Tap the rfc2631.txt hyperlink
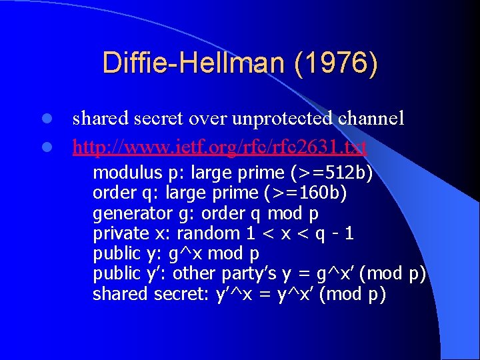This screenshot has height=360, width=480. click(220, 147)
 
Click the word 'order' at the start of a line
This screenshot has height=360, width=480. click(111, 193)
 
